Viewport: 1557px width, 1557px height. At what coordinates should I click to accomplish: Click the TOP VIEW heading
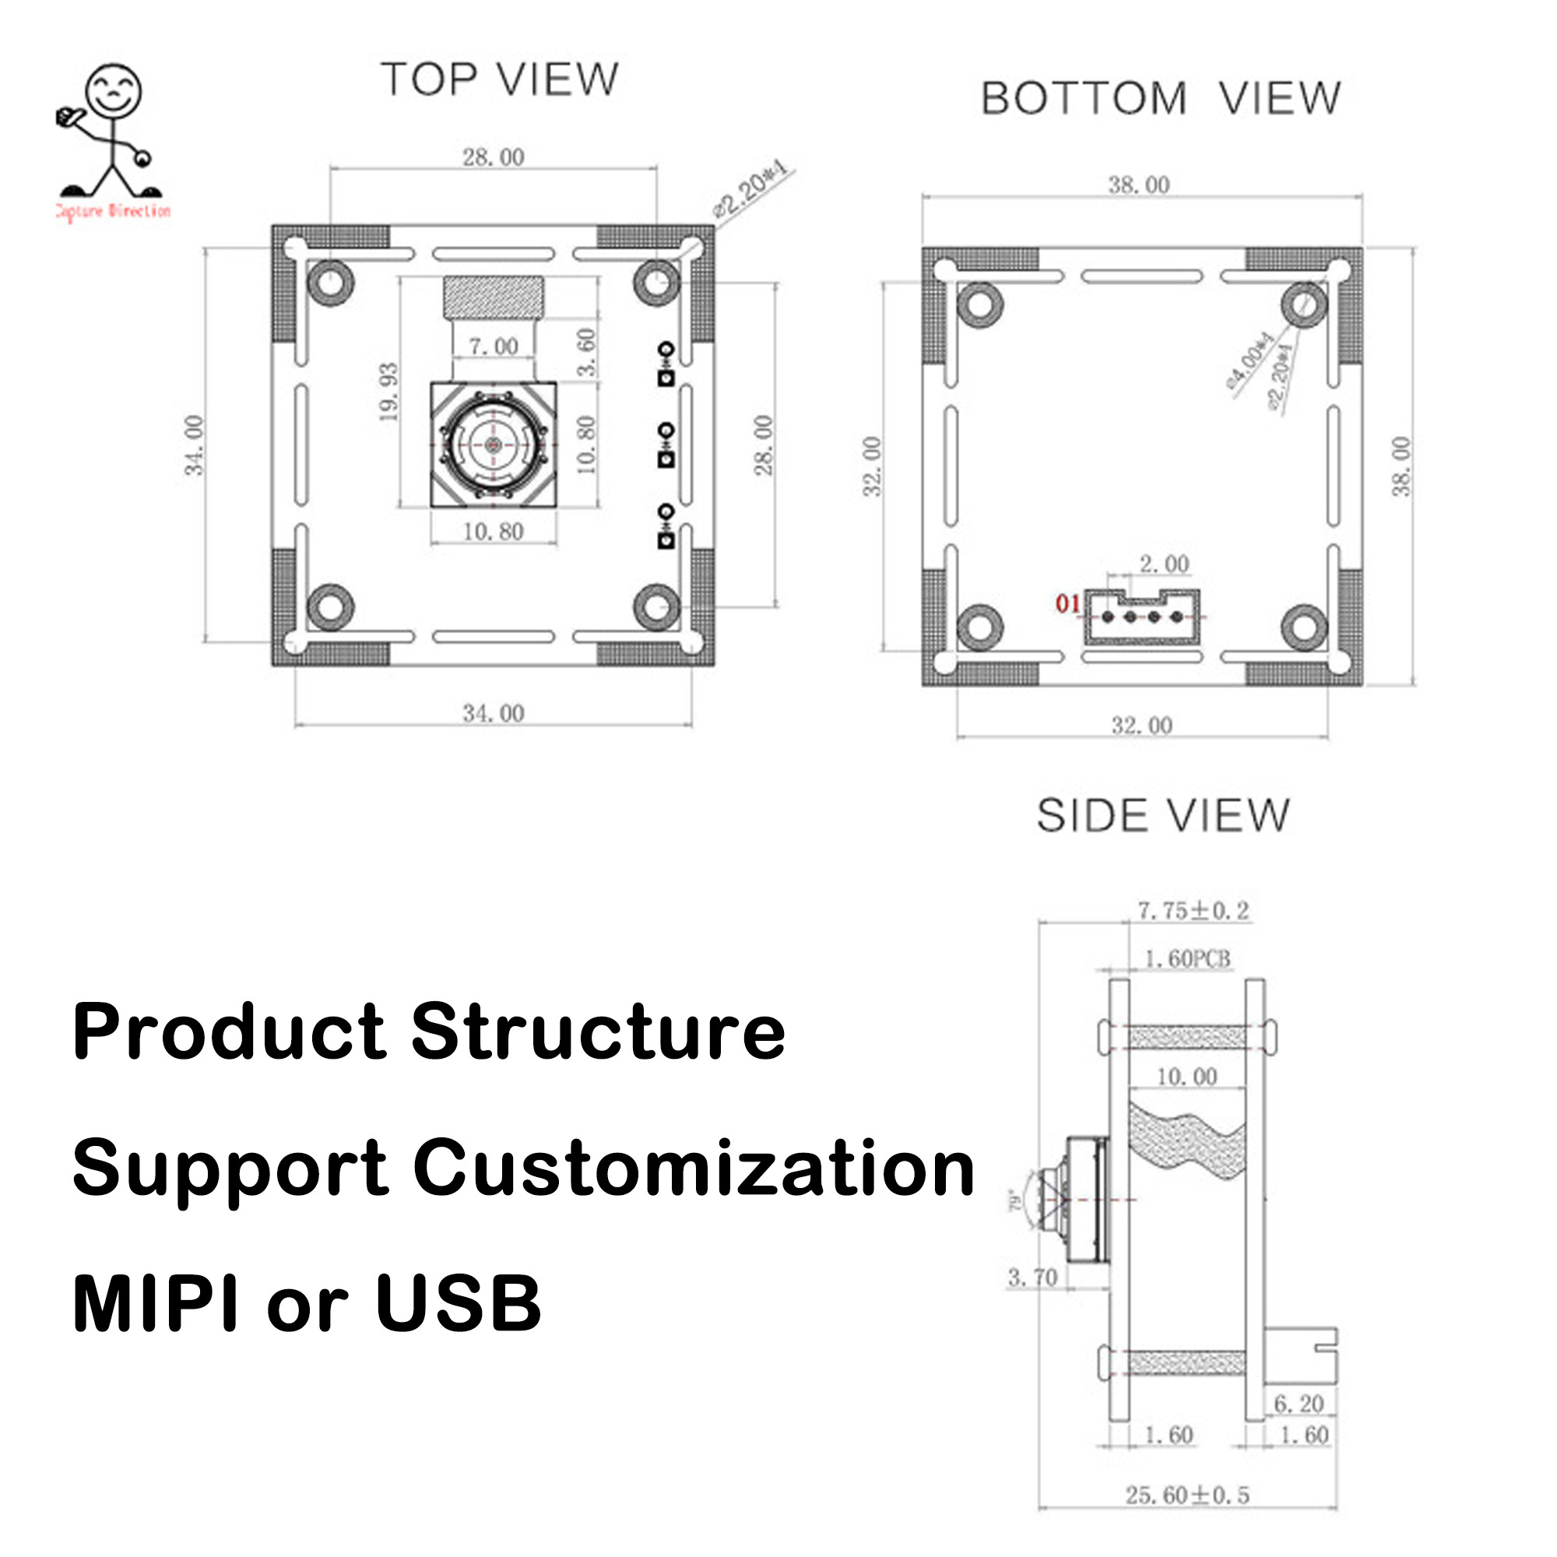coord(500,79)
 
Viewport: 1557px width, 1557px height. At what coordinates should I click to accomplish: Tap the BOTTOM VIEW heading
coord(1160,98)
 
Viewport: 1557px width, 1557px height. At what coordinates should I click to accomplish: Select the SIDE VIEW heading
coord(1162,816)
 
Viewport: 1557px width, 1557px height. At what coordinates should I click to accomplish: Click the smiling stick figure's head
coord(114,90)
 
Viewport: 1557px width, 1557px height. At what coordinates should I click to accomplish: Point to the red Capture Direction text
coord(113,211)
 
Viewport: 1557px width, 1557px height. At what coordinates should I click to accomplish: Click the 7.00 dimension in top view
coord(494,346)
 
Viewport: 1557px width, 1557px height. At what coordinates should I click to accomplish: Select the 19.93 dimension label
coord(388,392)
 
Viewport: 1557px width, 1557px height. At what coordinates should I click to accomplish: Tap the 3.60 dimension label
coord(588,351)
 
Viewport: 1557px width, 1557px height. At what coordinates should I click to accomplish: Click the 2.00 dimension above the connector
coord(1164,564)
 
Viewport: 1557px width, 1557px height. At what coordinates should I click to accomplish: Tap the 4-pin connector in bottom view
coord(1142,617)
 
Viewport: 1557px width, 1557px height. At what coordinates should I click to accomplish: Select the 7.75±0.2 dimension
coord(1193,911)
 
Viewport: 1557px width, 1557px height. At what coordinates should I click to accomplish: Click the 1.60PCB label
coord(1187,958)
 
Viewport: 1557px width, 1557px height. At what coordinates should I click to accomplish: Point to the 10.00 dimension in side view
coord(1186,1077)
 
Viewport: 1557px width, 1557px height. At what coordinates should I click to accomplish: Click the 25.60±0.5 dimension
coord(1187,1495)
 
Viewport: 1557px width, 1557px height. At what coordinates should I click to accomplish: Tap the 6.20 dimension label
coord(1299,1404)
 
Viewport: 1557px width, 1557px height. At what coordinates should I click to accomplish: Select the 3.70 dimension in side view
coord(1032,1278)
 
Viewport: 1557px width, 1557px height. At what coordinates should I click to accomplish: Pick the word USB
coord(458,1303)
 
